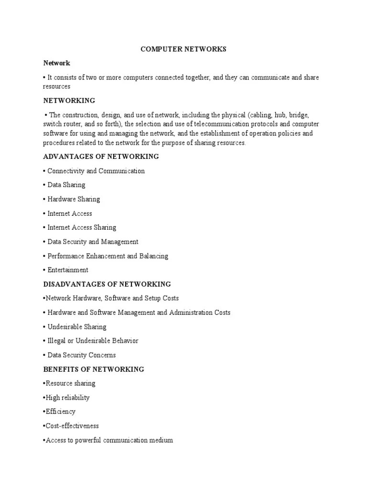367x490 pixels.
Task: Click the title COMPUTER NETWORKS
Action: point(183,49)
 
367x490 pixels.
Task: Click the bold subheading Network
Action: point(56,63)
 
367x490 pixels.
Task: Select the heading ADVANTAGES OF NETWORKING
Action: point(101,157)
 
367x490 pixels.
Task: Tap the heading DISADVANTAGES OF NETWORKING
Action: point(107,284)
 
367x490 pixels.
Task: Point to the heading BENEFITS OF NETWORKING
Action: point(94,369)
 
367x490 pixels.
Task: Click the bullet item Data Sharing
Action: point(66,185)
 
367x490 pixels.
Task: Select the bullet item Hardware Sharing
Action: point(74,199)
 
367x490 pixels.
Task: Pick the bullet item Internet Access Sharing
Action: point(82,228)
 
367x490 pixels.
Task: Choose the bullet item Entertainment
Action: point(67,270)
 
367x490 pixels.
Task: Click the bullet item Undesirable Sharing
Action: point(76,327)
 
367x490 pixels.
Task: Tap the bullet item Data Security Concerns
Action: point(81,355)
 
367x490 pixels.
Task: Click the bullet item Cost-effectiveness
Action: point(72,426)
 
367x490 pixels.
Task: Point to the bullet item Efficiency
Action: point(60,412)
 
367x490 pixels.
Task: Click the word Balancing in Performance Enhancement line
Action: point(153,256)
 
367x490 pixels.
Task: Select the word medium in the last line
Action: point(162,440)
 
